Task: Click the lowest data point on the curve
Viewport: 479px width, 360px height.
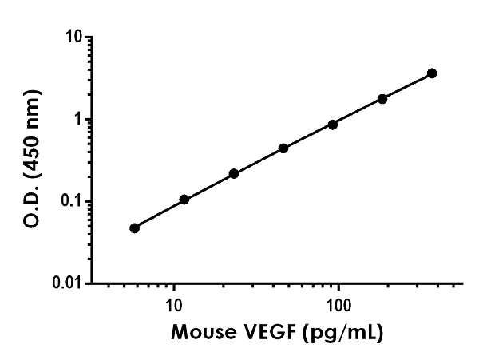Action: click(x=134, y=227)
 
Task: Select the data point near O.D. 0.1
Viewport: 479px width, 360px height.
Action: click(x=184, y=200)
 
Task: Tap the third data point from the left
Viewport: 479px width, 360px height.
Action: click(x=234, y=173)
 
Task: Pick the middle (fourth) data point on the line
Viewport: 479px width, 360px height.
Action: click(x=283, y=148)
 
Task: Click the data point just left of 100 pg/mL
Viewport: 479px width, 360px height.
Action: click(x=333, y=125)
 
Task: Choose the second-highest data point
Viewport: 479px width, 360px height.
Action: click(x=382, y=99)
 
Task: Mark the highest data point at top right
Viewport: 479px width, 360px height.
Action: click(x=432, y=73)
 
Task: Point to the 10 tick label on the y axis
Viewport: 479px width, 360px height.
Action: click(x=74, y=37)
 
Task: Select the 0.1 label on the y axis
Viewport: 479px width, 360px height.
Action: click(x=72, y=201)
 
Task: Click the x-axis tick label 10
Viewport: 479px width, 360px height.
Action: click(x=172, y=306)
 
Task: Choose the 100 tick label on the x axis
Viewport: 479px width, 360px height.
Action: click(x=338, y=306)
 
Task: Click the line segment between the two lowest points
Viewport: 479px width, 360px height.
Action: click(x=160, y=214)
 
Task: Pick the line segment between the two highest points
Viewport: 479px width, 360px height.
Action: click(x=407, y=86)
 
